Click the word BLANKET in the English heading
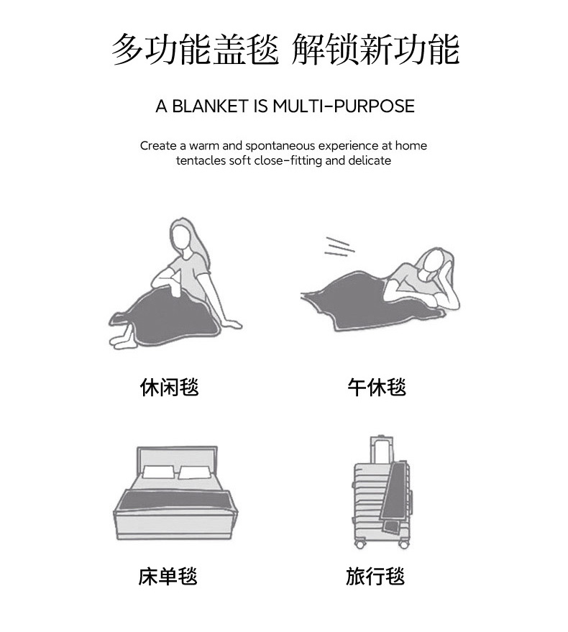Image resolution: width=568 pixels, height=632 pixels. pos(210,106)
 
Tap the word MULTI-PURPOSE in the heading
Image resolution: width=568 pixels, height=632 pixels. pos(344,106)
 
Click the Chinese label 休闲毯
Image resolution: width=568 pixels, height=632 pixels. pos(169,388)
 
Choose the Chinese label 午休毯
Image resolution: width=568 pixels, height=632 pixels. pos(377,388)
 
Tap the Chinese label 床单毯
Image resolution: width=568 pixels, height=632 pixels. pos(168,577)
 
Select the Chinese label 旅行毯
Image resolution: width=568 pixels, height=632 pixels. pos(375,577)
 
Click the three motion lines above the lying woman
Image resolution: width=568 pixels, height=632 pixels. pos(339,247)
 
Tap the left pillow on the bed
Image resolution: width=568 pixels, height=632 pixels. pos(158,472)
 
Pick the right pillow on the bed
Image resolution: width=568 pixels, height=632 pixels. pos(195,472)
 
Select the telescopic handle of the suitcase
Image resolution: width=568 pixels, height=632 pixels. pos(381,449)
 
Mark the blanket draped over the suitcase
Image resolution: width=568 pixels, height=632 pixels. pos(393,498)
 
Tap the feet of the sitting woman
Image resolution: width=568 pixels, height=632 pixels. pos(121,339)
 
